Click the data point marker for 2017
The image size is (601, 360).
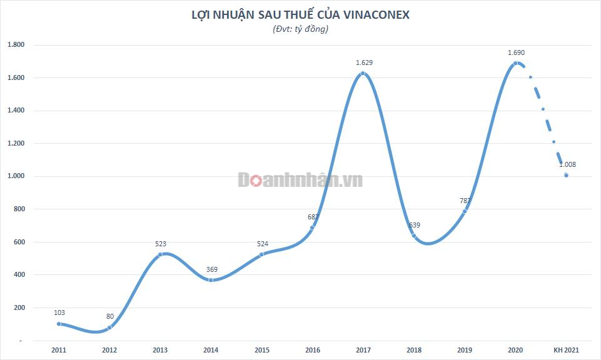pos(363,74)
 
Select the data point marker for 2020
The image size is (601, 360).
pos(515,63)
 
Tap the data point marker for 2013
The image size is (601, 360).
pos(160,254)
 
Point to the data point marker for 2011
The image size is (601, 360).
pos(59,324)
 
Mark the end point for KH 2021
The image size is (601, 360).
pos(566,176)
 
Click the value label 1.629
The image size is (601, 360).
pos(364,62)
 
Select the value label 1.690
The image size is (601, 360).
pos(516,52)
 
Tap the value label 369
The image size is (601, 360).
pos(212,269)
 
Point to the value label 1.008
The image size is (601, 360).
pos(567,165)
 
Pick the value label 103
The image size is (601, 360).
pos(59,312)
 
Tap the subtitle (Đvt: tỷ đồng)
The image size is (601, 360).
pos(300,29)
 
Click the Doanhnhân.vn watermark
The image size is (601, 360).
pos(300,180)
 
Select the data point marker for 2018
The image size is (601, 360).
pos(413,236)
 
